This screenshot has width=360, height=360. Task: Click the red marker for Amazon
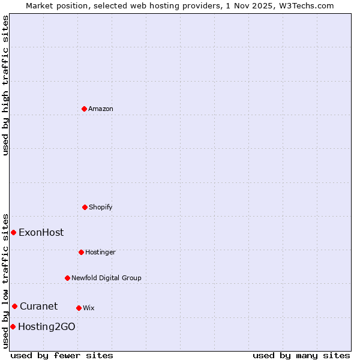pos(84,109)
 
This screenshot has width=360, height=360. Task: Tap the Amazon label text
pos(101,109)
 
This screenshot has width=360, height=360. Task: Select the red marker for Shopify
pos(85,207)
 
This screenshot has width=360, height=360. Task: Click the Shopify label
pos(101,207)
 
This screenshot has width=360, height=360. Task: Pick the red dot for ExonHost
pos(13,232)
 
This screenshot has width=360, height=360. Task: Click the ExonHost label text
pos(41,232)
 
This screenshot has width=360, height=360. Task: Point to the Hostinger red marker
pos(81,252)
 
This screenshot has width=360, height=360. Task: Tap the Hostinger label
pos(100,252)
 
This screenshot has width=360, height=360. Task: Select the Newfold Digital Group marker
pos(67,278)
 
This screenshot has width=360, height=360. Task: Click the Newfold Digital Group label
pos(106,278)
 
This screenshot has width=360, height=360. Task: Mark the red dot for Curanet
pos(14,306)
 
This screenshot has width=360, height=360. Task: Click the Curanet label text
pos(38,306)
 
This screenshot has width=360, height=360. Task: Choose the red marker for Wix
pos(79,308)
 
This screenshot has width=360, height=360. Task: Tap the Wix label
pos(89,308)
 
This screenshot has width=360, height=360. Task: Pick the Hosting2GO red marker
pos(13,326)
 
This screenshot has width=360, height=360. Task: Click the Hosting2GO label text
pos(47,326)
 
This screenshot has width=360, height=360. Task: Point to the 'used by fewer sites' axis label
pos(62,355)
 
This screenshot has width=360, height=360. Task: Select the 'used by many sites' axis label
pos(301,355)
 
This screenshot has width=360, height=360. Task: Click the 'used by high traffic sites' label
pos(5,85)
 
